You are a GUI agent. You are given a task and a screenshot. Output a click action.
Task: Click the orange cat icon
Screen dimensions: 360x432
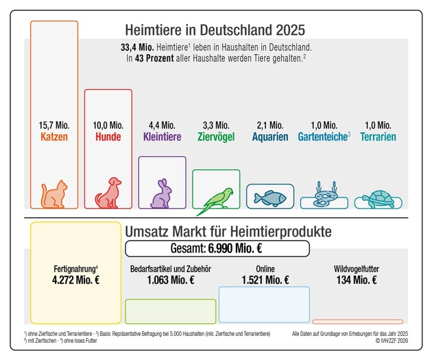55,194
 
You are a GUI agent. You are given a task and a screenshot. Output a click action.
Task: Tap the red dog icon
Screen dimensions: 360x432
108,193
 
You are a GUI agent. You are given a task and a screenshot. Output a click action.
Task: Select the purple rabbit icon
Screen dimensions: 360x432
162,194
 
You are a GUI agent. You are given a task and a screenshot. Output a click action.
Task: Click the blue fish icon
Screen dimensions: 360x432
269,197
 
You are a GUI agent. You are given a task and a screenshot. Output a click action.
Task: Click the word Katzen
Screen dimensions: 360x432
55,137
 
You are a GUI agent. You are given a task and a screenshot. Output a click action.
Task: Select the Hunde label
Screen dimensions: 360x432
108,137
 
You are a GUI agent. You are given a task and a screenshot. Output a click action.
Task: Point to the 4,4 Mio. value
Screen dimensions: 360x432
162,125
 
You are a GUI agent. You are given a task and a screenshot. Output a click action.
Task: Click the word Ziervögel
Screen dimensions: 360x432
216,137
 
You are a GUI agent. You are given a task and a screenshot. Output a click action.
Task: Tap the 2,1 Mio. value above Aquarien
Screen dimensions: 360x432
269,125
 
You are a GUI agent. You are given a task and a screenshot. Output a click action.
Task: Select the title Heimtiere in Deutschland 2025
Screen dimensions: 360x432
215,31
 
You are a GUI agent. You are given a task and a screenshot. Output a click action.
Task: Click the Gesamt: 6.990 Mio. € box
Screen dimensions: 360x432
217,248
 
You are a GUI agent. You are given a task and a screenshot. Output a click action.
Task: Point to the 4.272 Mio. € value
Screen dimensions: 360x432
75,280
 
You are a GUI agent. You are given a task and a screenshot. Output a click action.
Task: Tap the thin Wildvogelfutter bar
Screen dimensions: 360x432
357,321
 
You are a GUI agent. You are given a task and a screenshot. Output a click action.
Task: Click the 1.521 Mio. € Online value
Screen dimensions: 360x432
265,280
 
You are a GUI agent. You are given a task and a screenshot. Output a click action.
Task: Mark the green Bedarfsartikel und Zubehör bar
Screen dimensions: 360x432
170,311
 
